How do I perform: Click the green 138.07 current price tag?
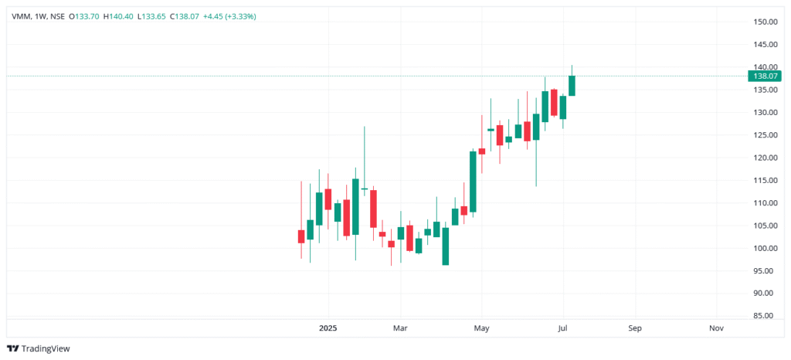[x=765, y=76]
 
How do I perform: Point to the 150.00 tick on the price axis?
[x=765, y=22]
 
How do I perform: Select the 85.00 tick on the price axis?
[x=765, y=316]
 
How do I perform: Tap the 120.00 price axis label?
[x=765, y=158]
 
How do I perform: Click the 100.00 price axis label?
[x=765, y=248]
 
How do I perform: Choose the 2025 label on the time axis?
[x=329, y=328]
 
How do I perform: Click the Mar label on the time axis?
[x=400, y=328]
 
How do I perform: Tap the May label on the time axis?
[x=481, y=328]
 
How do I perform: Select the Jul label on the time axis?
[x=563, y=328]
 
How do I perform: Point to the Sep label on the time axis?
[x=635, y=328]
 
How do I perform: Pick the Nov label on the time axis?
[x=716, y=328]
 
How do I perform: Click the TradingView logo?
[x=39, y=348]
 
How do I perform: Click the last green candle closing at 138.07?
[x=572, y=85]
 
